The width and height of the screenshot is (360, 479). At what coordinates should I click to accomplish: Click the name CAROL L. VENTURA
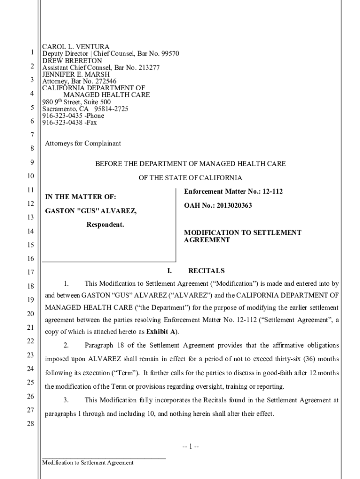[76, 47]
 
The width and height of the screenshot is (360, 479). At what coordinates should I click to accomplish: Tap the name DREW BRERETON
[72, 61]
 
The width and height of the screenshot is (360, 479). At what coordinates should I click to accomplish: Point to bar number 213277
[148, 68]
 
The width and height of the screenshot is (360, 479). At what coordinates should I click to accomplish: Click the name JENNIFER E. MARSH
[76, 74]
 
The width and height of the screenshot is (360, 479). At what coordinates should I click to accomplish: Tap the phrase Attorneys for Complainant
[83, 144]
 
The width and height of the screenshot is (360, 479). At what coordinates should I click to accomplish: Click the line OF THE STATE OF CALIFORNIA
[190, 178]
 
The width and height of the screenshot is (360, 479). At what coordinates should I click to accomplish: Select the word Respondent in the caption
[105, 225]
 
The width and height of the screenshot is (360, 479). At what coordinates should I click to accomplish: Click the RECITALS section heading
[206, 271]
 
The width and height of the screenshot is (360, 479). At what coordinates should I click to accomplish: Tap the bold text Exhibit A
[161, 332]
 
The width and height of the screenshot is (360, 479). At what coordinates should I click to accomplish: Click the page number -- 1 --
[191, 446]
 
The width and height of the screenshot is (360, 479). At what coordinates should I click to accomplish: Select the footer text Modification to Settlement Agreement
[88, 463]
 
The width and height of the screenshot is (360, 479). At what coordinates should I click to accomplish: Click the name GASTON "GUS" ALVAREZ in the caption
[91, 211]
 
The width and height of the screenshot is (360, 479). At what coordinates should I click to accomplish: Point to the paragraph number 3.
[66, 400]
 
